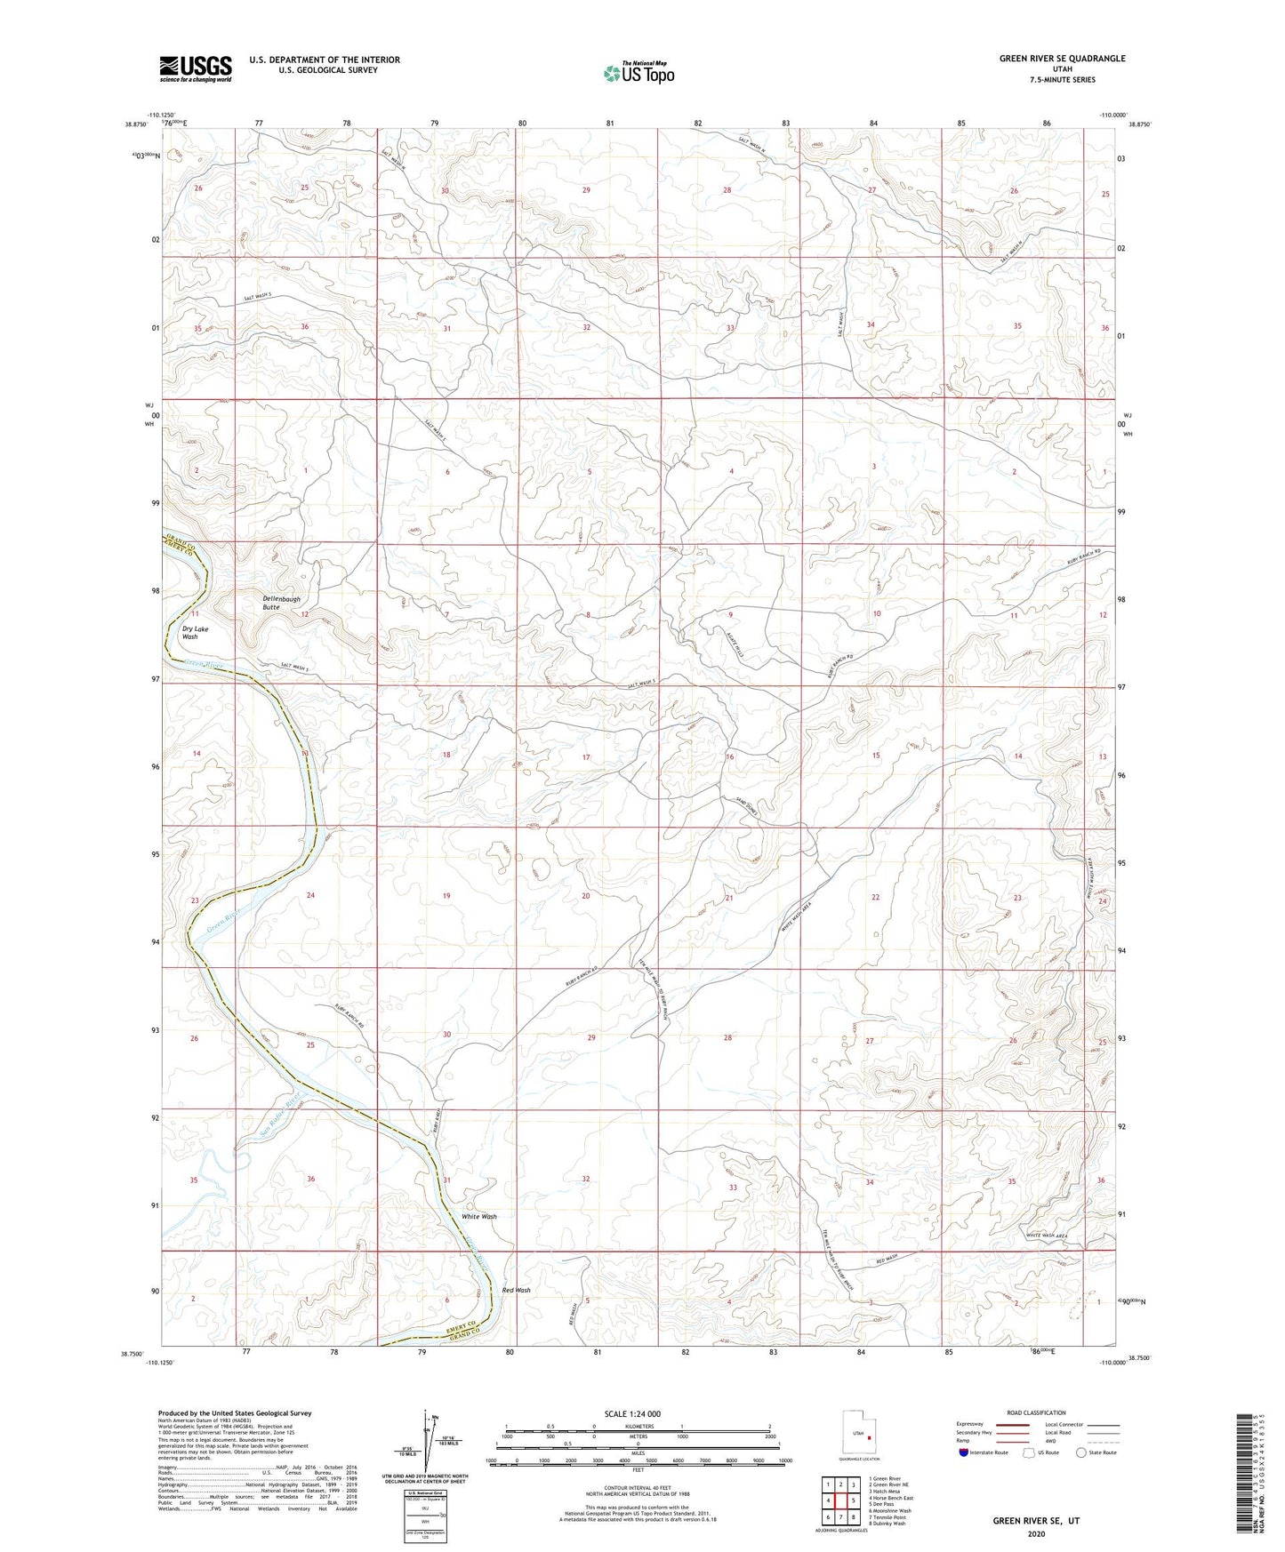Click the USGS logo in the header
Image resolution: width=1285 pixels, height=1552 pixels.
196,68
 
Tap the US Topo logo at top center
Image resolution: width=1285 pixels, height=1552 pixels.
638,73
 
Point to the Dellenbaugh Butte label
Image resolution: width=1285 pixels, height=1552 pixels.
283,603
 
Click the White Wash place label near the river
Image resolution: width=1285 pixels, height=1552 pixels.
478,1216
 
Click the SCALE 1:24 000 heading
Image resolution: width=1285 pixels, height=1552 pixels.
631,1413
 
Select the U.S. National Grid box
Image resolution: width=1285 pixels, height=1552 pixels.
424,1506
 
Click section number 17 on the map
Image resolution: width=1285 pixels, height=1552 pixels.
586,757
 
